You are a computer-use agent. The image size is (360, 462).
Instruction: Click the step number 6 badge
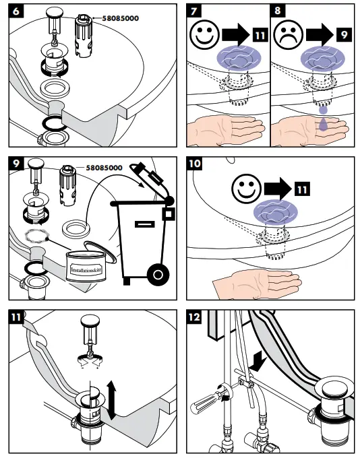pyautogui.click(x=16, y=11)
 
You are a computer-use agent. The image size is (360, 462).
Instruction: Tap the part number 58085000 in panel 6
pyautogui.click(x=120, y=18)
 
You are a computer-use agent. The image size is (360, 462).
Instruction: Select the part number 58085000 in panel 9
pyautogui.click(x=104, y=168)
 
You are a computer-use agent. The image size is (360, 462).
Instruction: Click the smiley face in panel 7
pyautogui.click(x=204, y=34)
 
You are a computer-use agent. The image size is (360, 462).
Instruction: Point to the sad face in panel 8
pyautogui.click(x=288, y=35)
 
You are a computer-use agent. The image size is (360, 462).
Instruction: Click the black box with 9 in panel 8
pyautogui.click(x=344, y=35)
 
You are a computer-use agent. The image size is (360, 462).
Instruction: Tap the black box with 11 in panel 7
pyautogui.click(x=260, y=35)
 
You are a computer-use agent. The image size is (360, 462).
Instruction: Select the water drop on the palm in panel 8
pyautogui.click(x=322, y=124)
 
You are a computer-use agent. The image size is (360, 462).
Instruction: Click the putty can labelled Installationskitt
pyautogui.click(x=86, y=265)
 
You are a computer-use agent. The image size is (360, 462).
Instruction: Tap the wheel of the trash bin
pyautogui.click(x=158, y=275)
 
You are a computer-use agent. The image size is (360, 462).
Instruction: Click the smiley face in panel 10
pyautogui.click(x=247, y=189)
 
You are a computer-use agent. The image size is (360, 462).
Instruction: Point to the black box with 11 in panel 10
pyautogui.click(x=302, y=189)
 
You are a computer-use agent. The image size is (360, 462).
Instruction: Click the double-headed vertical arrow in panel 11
pyautogui.click(x=111, y=399)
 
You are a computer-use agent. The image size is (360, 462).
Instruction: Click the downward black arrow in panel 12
pyautogui.click(x=258, y=362)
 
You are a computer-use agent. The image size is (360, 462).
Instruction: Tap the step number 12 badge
pyautogui.click(x=194, y=317)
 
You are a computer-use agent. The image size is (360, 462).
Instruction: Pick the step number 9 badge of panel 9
pyautogui.click(x=16, y=164)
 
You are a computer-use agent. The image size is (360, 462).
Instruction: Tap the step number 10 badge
pyautogui.click(x=195, y=164)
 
